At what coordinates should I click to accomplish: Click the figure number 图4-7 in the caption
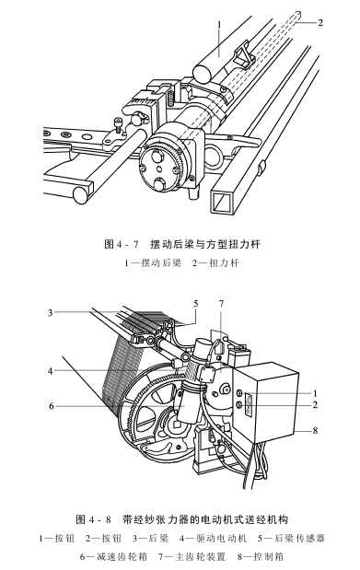[x=121, y=245]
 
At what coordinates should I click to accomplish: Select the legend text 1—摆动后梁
[x=155, y=263]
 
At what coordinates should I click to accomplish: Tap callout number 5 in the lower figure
[x=195, y=303]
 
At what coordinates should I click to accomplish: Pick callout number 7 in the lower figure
[x=221, y=303]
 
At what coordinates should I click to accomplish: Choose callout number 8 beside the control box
[x=314, y=429]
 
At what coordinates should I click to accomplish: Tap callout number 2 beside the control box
[x=314, y=404]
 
